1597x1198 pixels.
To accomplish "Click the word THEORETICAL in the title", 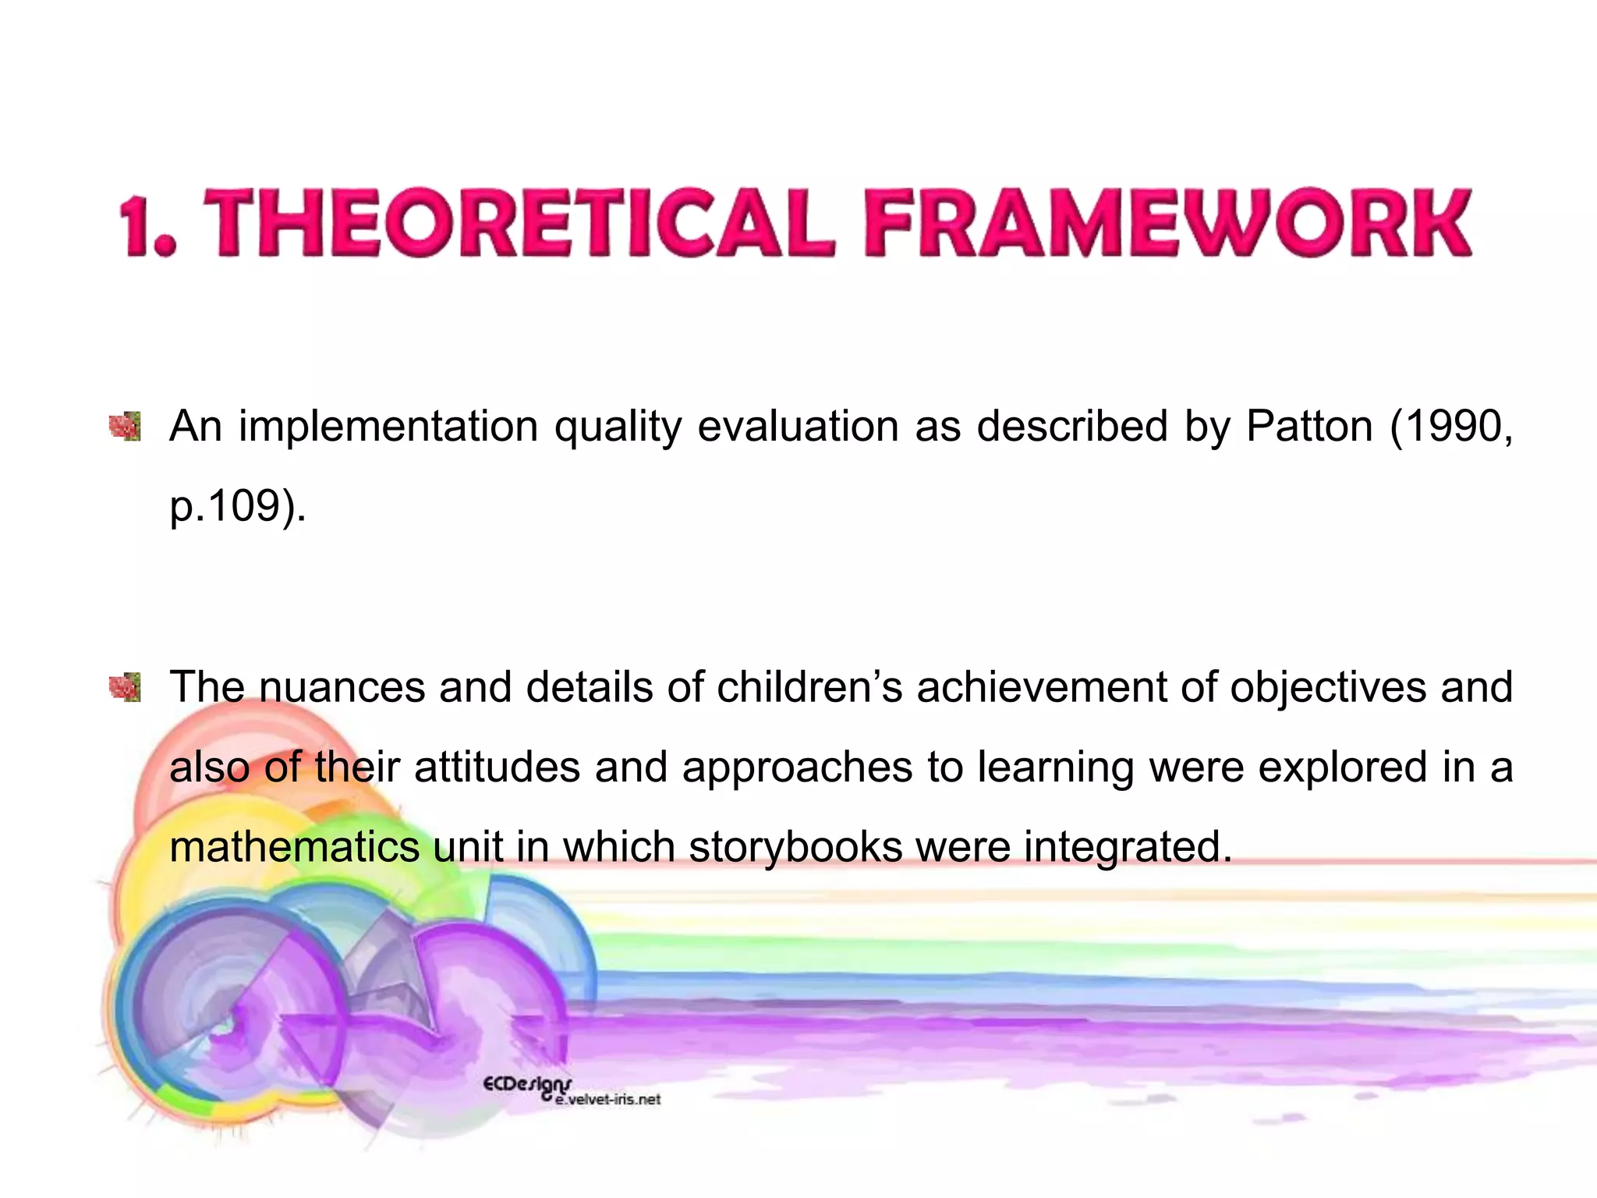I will point(519,224).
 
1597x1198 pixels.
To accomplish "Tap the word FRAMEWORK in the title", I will point(1167,224).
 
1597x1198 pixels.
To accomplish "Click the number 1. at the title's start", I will point(148,226).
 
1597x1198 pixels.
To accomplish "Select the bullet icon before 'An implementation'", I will point(125,427).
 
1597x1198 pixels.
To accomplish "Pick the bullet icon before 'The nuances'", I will point(125,687).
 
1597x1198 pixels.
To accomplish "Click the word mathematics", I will point(294,847).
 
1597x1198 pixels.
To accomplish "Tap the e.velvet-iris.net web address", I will point(608,1100).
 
